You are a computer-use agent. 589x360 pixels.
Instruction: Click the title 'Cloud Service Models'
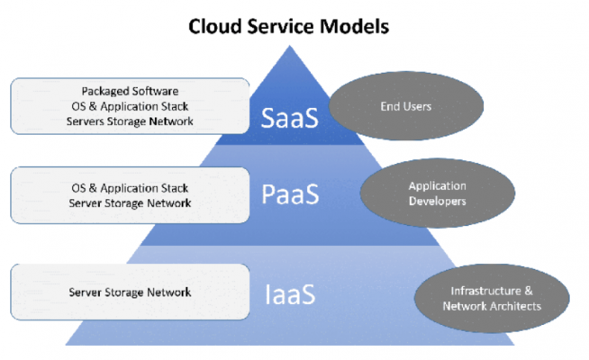tap(288, 26)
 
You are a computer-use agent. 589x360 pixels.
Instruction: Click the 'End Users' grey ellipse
tap(393, 107)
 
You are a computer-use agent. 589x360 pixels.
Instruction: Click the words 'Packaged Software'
tap(130, 91)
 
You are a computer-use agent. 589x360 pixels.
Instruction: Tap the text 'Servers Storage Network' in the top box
tap(130, 121)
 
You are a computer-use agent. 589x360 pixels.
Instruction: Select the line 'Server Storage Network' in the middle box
tap(130, 204)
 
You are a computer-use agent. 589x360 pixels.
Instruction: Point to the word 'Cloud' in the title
tap(216, 26)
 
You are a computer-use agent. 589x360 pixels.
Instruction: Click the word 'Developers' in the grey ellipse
tap(437, 202)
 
